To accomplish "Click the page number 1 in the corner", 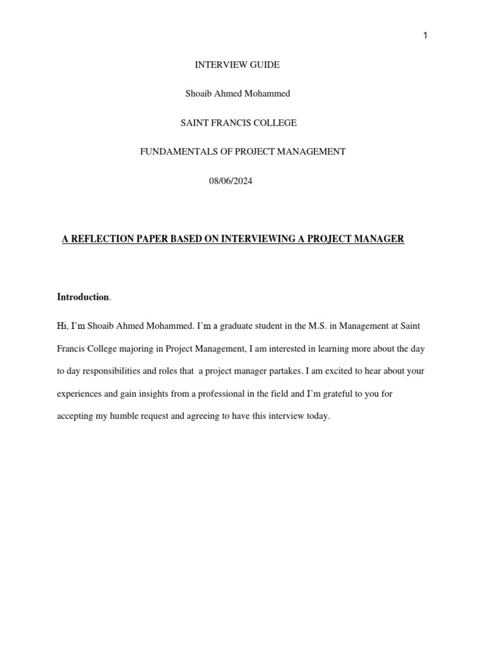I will [425, 36].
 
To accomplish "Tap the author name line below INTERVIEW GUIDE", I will [237, 93].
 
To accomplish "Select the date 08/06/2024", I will [231, 181].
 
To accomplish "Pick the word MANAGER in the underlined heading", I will [380, 239].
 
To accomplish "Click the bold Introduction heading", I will [83, 297].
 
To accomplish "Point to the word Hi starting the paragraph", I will [61, 326].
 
